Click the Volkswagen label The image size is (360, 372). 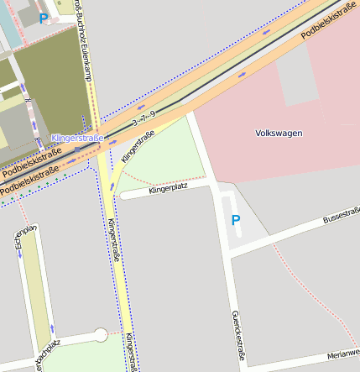(x=279, y=133)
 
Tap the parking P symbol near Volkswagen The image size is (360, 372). (x=236, y=220)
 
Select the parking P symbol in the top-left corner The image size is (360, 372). (x=44, y=18)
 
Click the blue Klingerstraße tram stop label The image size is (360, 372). (x=77, y=138)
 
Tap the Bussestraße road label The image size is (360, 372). (x=341, y=218)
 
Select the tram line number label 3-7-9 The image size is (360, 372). (x=143, y=118)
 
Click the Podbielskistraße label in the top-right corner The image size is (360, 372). (x=329, y=21)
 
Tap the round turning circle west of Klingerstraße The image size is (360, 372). (x=101, y=335)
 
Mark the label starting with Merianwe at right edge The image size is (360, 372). (x=343, y=354)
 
